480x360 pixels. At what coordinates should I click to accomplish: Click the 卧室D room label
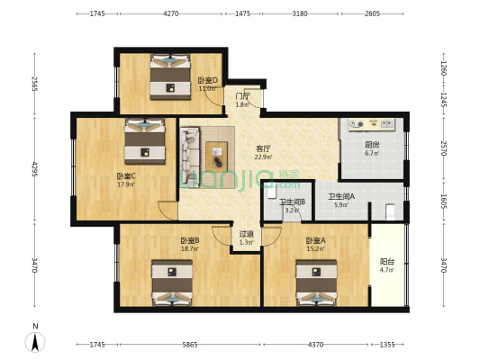208,81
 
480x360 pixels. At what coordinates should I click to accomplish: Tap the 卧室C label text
125,176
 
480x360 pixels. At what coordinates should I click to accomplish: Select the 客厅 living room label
263,148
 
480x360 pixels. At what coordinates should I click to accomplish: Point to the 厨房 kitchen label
371,145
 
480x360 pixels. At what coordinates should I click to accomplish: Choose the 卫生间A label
340,196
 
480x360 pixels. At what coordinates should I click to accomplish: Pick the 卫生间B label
292,202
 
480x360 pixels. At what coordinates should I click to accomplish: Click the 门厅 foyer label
241,96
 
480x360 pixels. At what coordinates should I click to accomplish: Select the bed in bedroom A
316,282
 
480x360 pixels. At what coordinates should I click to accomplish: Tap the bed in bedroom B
171,283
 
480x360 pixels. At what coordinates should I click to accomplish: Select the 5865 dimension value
188,345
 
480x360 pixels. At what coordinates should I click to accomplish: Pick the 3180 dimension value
300,13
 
